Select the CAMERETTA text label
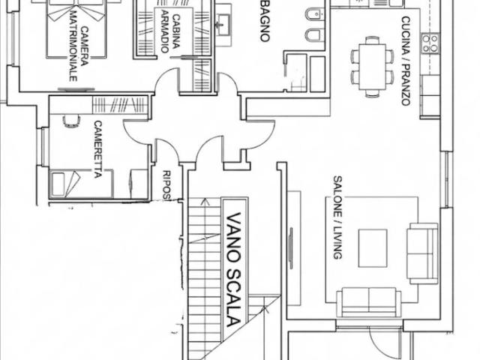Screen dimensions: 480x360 coord(97,149)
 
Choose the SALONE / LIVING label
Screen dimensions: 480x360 coord(337,217)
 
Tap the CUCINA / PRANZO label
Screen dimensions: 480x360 coord(406,61)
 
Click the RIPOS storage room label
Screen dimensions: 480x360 coord(166,186)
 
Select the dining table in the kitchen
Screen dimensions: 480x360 coord(372,67)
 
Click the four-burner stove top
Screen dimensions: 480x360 coord(430,43)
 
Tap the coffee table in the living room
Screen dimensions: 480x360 coord(373,248)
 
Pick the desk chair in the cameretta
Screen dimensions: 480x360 coord(71,121)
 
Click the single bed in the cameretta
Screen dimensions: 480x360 coord(81,184)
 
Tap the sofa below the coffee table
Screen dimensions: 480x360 coord(368,302)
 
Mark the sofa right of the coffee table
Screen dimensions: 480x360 coord(422,253)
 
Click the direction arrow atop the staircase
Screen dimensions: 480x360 coord(205,202)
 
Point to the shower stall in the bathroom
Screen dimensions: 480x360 coord(296,73)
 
